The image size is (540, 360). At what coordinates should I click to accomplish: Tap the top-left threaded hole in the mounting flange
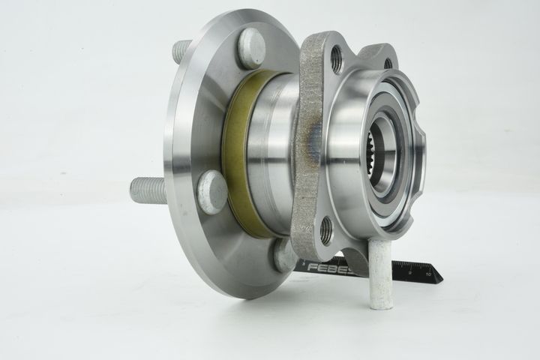[x=335, y=53]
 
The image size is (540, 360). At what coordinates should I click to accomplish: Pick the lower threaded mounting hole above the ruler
[x=326, y=231]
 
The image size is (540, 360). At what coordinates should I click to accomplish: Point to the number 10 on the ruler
[x=427, y=274]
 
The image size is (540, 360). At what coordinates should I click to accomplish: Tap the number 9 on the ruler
[x=412, y=276]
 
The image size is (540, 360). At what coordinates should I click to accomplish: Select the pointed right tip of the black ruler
[x=440, y=279]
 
